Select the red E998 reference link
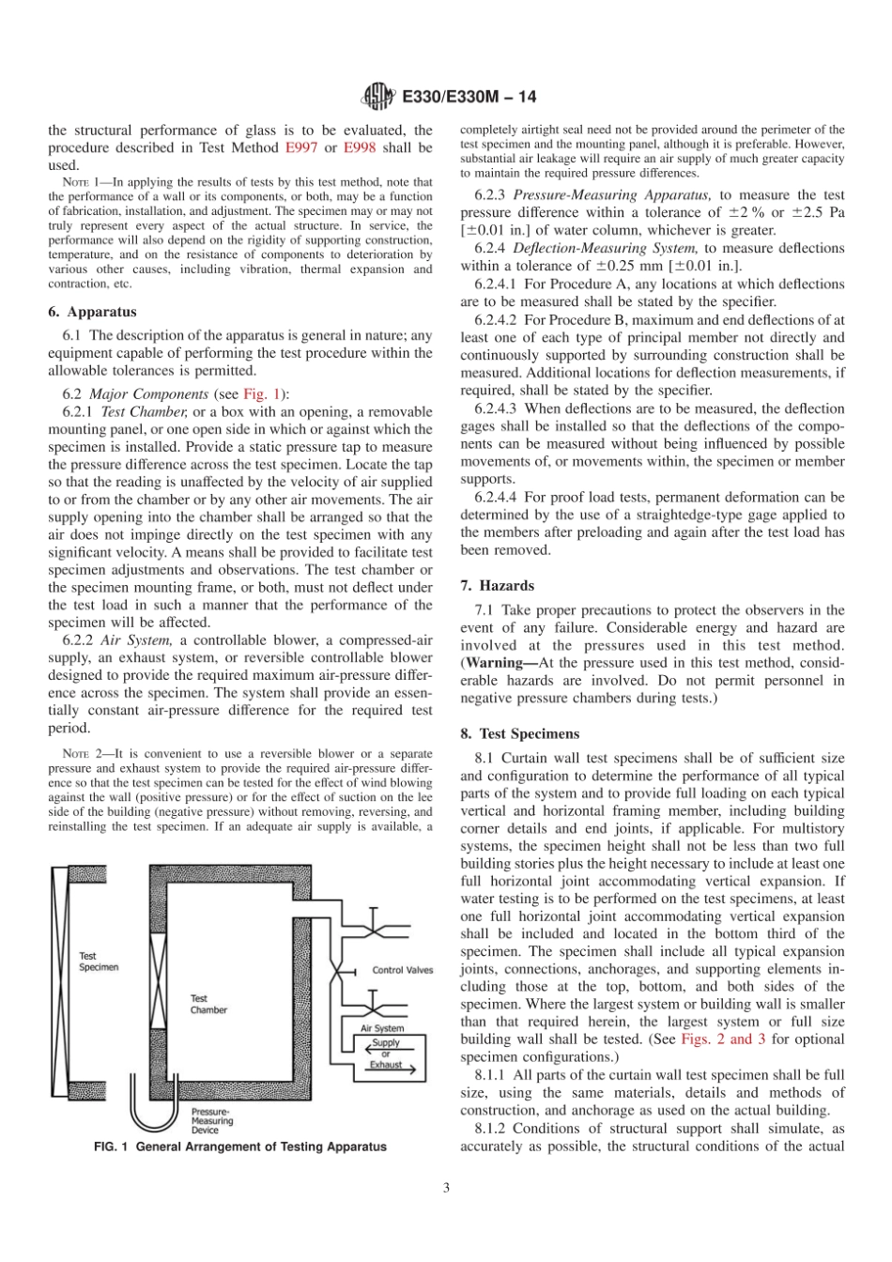point(361,147)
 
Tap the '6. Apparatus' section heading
point(92,312)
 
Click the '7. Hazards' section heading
point(497,585)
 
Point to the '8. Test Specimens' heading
point(520,733)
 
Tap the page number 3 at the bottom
point(446,1187)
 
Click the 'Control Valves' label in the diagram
point(403,970)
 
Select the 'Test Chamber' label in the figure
point(208,1004)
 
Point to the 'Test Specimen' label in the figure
point(99,962)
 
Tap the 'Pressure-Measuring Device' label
point(212,1121)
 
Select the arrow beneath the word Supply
point(385,1050)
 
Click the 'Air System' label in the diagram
point(382,1028)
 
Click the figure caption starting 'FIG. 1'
point(238,1147)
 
